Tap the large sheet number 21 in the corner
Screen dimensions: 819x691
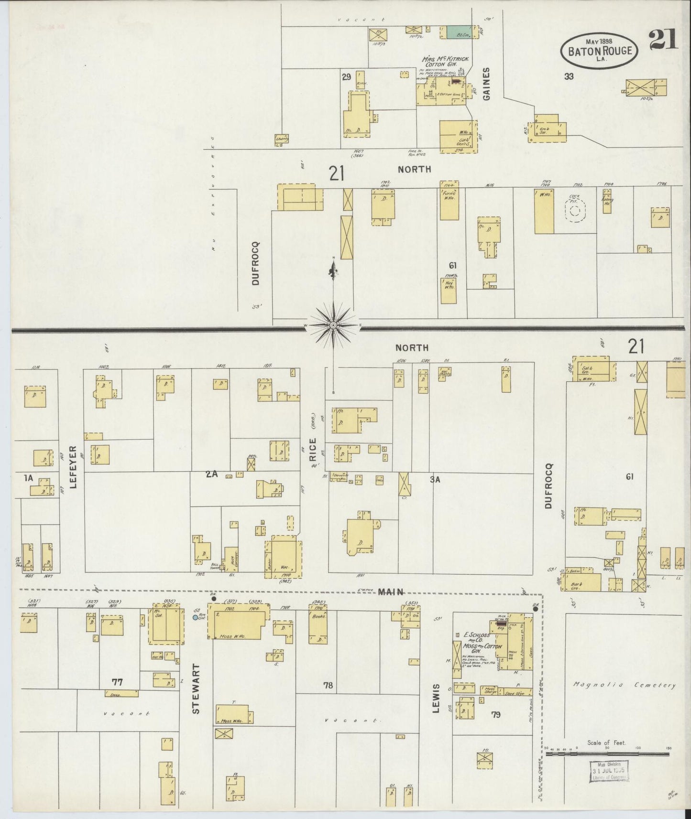pyautogui.click(x=663, y=39)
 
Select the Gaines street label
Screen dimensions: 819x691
pyautogui.click(x=487, y=84)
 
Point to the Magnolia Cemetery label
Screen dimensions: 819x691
pyautogui.click(x=625, y=685)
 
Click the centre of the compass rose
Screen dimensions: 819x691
pyautogui.click(x=333, y=325)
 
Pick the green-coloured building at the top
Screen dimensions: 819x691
pyautogui.click(x=457, y=32)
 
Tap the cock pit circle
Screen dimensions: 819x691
pyautogui.click(x=576, y=210)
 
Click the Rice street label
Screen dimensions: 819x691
pyautogui.click(x=313, y=450)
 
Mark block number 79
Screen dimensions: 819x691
pyautogui.click(x=495, y=714)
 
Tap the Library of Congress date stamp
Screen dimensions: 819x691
pyautogui.click(x=609, y=771)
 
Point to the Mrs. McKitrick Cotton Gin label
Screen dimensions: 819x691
pyautogui.click(x=445, y=62)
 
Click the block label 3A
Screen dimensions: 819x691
pyautogui.click(x=435, y=480)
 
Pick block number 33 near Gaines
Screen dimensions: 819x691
pyautogui.click(x=568, y=75)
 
